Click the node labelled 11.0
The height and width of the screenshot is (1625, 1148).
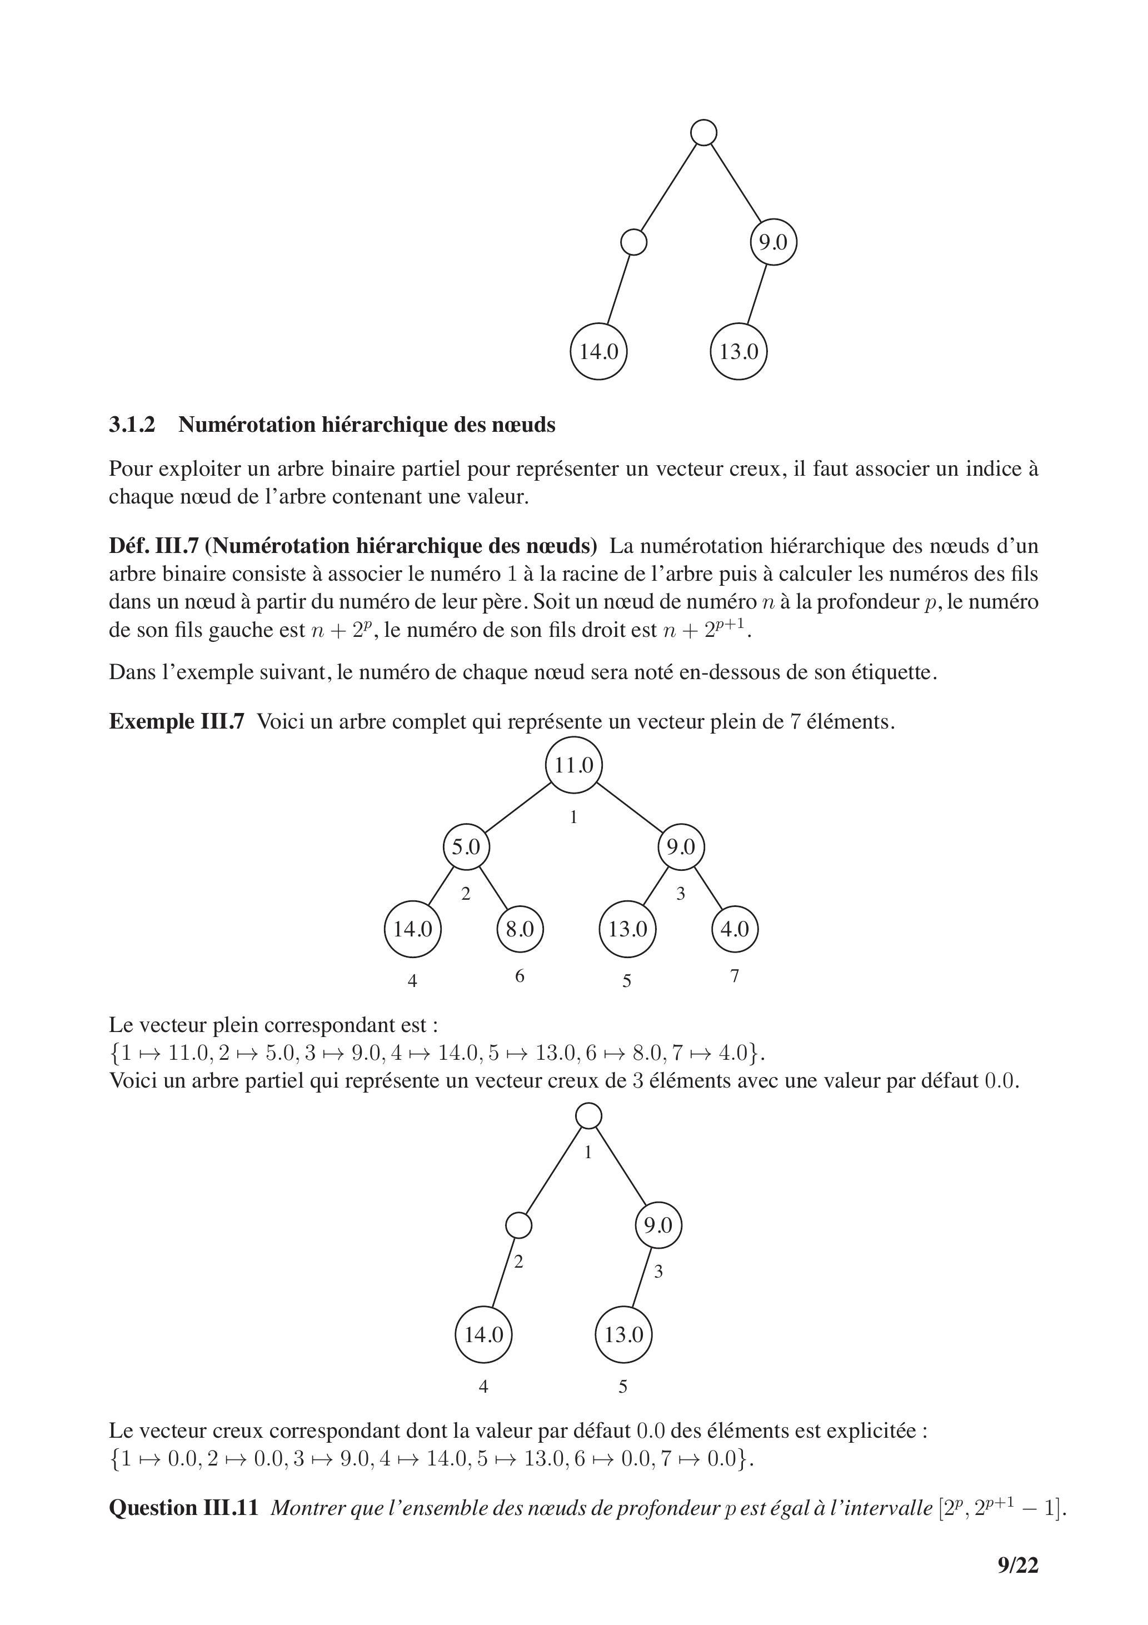point(573,765)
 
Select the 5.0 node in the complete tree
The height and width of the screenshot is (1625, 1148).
point(466,846)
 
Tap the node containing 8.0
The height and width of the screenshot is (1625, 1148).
point(520,929)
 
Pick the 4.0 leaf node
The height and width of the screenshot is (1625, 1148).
point(734,929)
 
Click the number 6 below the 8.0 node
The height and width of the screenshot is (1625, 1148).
point(520,976)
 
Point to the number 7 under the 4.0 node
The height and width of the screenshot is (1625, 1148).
point(735,976)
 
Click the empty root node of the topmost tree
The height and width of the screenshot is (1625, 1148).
point(703,132)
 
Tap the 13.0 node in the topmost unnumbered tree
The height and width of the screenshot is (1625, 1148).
point(738,351)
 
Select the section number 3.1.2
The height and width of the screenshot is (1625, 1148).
point(132,425)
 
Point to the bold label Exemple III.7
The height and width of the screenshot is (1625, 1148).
point(176,721)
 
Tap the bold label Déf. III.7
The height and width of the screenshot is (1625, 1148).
point(151,546)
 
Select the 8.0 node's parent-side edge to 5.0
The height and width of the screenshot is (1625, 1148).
point(493,888)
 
